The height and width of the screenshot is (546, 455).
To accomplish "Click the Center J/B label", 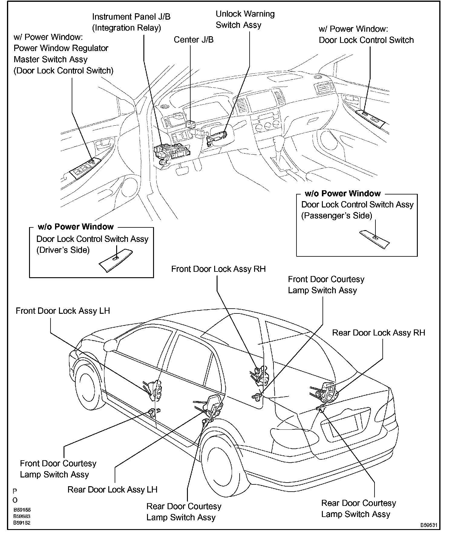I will [x=193, y=40].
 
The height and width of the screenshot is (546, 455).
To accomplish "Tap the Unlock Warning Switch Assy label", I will [x=245, y=19].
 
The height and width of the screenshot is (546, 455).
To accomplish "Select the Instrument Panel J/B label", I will [x=131, y=22].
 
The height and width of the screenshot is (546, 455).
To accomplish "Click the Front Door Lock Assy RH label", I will [x=218, y=269].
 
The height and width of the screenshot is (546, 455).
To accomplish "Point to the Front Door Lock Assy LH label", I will [x=63, y=311].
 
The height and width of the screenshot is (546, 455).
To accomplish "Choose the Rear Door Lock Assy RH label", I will [x=378, y=332].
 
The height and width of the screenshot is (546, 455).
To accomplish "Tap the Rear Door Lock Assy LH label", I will [x=112, y=490].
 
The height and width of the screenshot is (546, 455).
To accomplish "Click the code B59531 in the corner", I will [x=429, y=525].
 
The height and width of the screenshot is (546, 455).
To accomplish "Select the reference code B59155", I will [x=22, y=510].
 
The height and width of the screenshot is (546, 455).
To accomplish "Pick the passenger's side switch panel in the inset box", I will [x=375, y=239].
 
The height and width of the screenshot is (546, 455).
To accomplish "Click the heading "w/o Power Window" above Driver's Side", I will [x=76, y=227].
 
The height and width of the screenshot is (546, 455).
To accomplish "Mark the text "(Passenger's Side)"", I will [x=336, y=216].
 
